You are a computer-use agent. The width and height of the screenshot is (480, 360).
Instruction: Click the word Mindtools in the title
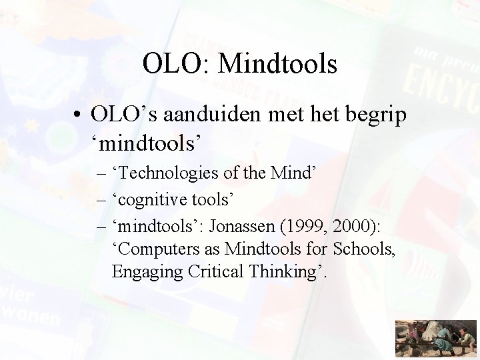tap(277, 65)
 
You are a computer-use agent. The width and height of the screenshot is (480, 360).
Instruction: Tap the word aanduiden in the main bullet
tap(213, 114)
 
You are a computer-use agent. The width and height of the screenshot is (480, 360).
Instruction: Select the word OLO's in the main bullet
tap(117, 114)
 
